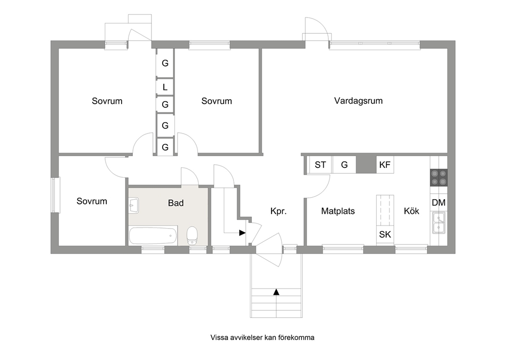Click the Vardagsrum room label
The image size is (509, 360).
pos(358,101)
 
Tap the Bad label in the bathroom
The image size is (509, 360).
pos(175,203)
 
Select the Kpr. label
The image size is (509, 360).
pos(279,212)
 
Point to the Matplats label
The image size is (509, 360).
pos(338,211)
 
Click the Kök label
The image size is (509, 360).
pos(412,211)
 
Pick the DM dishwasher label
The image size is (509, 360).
pos(439,203)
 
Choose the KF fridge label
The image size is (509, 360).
pos(385,165)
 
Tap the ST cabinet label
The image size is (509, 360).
pos(320,165)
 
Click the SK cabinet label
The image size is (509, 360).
pos(385,234)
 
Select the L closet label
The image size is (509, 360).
pos(165,87)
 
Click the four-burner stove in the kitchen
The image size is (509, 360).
pos(439,178)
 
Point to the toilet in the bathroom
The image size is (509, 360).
pos(192,236)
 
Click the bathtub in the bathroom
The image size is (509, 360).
pos(153,236)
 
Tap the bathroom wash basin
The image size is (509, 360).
pos(134,205)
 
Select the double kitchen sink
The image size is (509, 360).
pos(438,222)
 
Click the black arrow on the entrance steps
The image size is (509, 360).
pos(276,292)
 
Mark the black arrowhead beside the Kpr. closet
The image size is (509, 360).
pos(242,233)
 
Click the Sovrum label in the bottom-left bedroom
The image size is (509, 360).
pos(92,201)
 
